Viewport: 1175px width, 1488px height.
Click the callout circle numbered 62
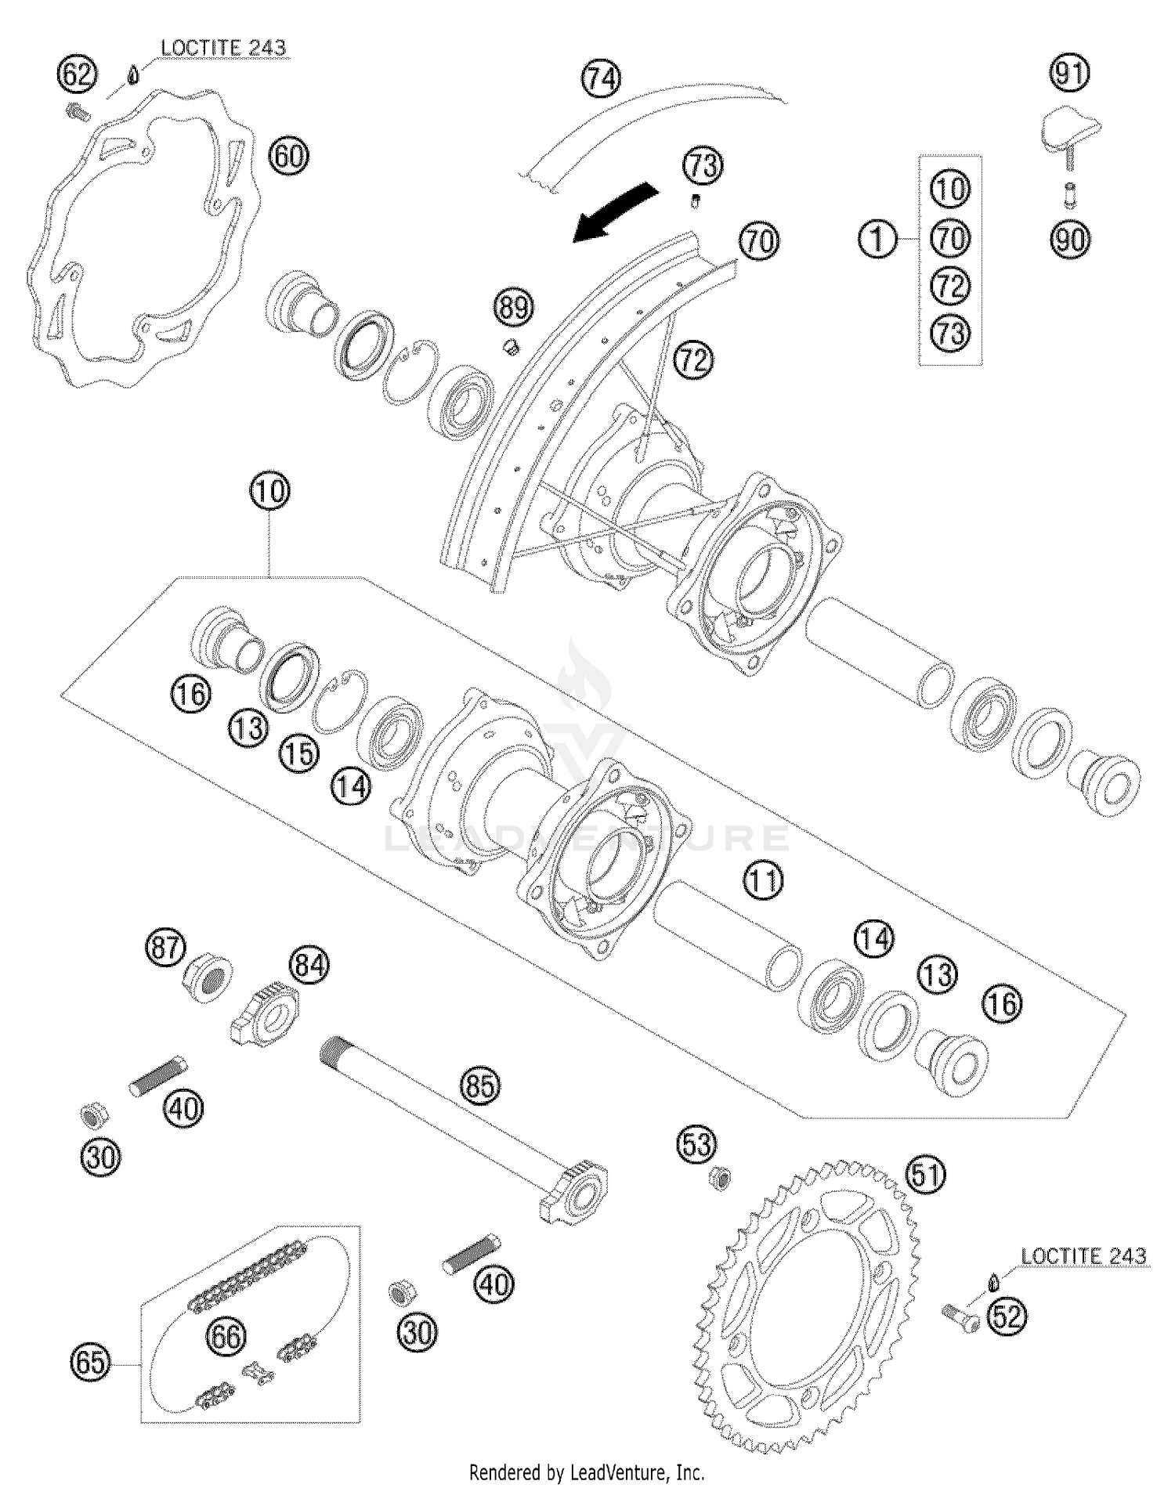(77, 76)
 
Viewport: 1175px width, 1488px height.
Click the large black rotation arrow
(615, 212)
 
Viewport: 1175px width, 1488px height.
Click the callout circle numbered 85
(479, 1086)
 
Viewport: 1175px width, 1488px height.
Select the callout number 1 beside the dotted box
(878, 238)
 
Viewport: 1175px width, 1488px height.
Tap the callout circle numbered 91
(1070, 73)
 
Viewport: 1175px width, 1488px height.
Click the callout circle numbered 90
(1070, 239)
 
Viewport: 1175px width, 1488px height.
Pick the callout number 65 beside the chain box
(90, 1363)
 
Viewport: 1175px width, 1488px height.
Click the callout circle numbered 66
(226, 1336)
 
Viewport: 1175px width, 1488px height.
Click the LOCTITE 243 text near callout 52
(1083, 1256)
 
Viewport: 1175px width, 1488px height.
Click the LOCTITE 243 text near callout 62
(223, 48)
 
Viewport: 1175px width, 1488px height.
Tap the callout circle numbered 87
(164, 948)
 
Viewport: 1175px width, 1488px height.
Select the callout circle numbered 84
(309, 966)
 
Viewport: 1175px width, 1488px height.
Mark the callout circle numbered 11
(763, 881)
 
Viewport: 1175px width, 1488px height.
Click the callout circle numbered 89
(514, 307)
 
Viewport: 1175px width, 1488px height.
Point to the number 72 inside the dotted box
(950, 286)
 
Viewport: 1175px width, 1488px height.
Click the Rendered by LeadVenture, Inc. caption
(587, 1472)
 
